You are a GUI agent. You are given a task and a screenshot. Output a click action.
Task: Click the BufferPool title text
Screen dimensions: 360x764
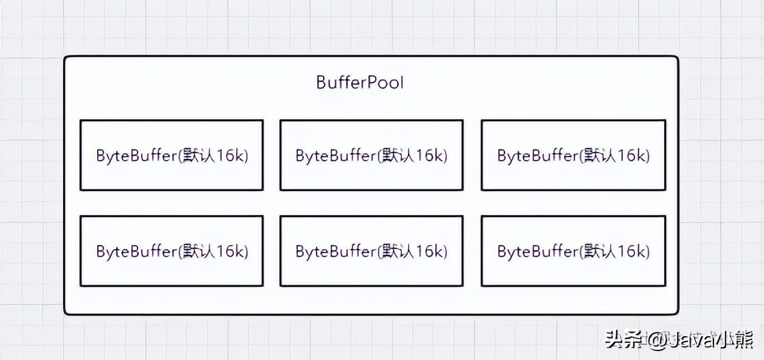[x=360, y=83]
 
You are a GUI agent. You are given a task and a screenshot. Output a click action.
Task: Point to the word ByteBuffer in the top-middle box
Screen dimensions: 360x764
[x=335, y=155]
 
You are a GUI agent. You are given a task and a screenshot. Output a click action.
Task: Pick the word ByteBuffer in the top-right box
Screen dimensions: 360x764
[x=537, y=155]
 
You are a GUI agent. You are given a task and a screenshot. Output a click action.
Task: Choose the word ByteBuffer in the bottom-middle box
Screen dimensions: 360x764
[x=335, y=251]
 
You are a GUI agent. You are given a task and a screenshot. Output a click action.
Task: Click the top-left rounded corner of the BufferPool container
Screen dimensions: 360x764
[x=66, y=58]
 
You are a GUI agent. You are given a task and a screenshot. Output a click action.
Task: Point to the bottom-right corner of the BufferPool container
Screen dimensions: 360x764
[x=677, y=313]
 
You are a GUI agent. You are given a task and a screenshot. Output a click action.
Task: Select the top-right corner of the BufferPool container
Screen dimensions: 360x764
[x=677, y=58]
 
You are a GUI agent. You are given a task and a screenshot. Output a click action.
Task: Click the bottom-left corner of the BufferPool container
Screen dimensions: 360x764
[x=66, y=313]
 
